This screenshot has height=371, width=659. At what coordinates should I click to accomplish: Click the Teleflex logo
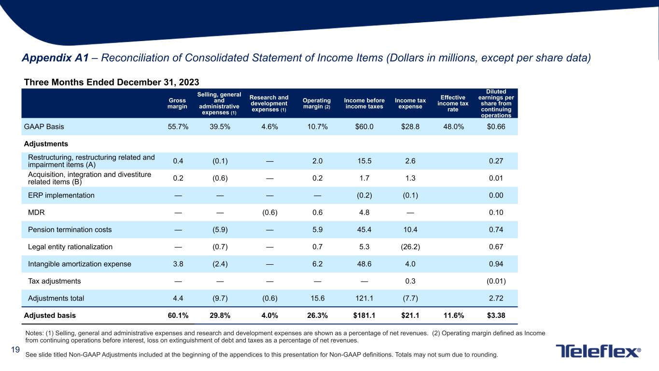pyautogui.click(x=598, y=351)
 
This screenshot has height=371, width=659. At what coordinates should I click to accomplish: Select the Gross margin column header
pyautogui.click(x=177, y=103)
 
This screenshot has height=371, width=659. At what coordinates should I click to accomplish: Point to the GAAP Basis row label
pyautogui.click(x=44, y=127)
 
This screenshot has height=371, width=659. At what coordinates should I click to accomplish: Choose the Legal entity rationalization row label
pyautogui.click(x=70, y=247)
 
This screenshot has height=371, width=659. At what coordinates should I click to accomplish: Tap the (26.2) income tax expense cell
pyautogui.click(x=410, y=247)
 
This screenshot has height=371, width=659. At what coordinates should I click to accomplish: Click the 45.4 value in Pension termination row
pyautogui.click(x=364, y=229)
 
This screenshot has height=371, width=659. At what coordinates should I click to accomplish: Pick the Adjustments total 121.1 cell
pyautogui.click(x=364, y=298)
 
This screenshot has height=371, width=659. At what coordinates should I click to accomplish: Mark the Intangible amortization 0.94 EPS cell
pyautogui.click(x=496, y=264)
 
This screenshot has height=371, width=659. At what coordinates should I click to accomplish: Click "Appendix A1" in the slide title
pyautogui.click(x=56, y=58)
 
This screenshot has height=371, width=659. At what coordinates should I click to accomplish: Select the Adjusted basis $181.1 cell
pyautogui.click(x=364, y=315)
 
